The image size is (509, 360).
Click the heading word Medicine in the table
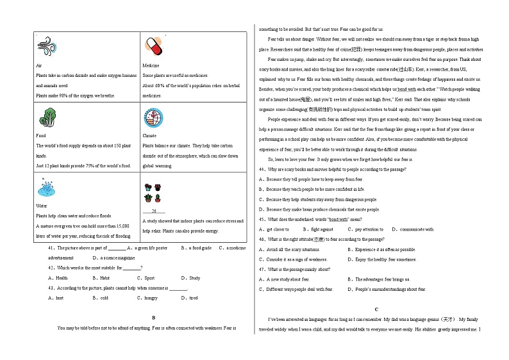[151, 66]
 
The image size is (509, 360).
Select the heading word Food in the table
[41, 136]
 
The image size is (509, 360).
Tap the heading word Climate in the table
[149, 136]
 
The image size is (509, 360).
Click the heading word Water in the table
[42, 206]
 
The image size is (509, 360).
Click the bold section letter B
[154, 318]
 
